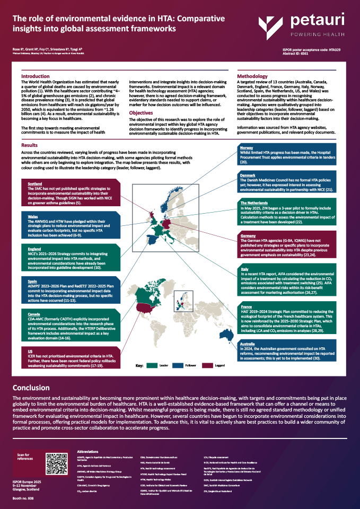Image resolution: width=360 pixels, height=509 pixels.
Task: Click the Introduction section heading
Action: pyautogui.click(x=35, y=77)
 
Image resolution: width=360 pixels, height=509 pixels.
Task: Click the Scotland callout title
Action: pyautogui.click(x=34, y=183)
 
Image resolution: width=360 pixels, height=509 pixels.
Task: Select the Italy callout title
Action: pyautogui.click(x=244, y=269)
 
